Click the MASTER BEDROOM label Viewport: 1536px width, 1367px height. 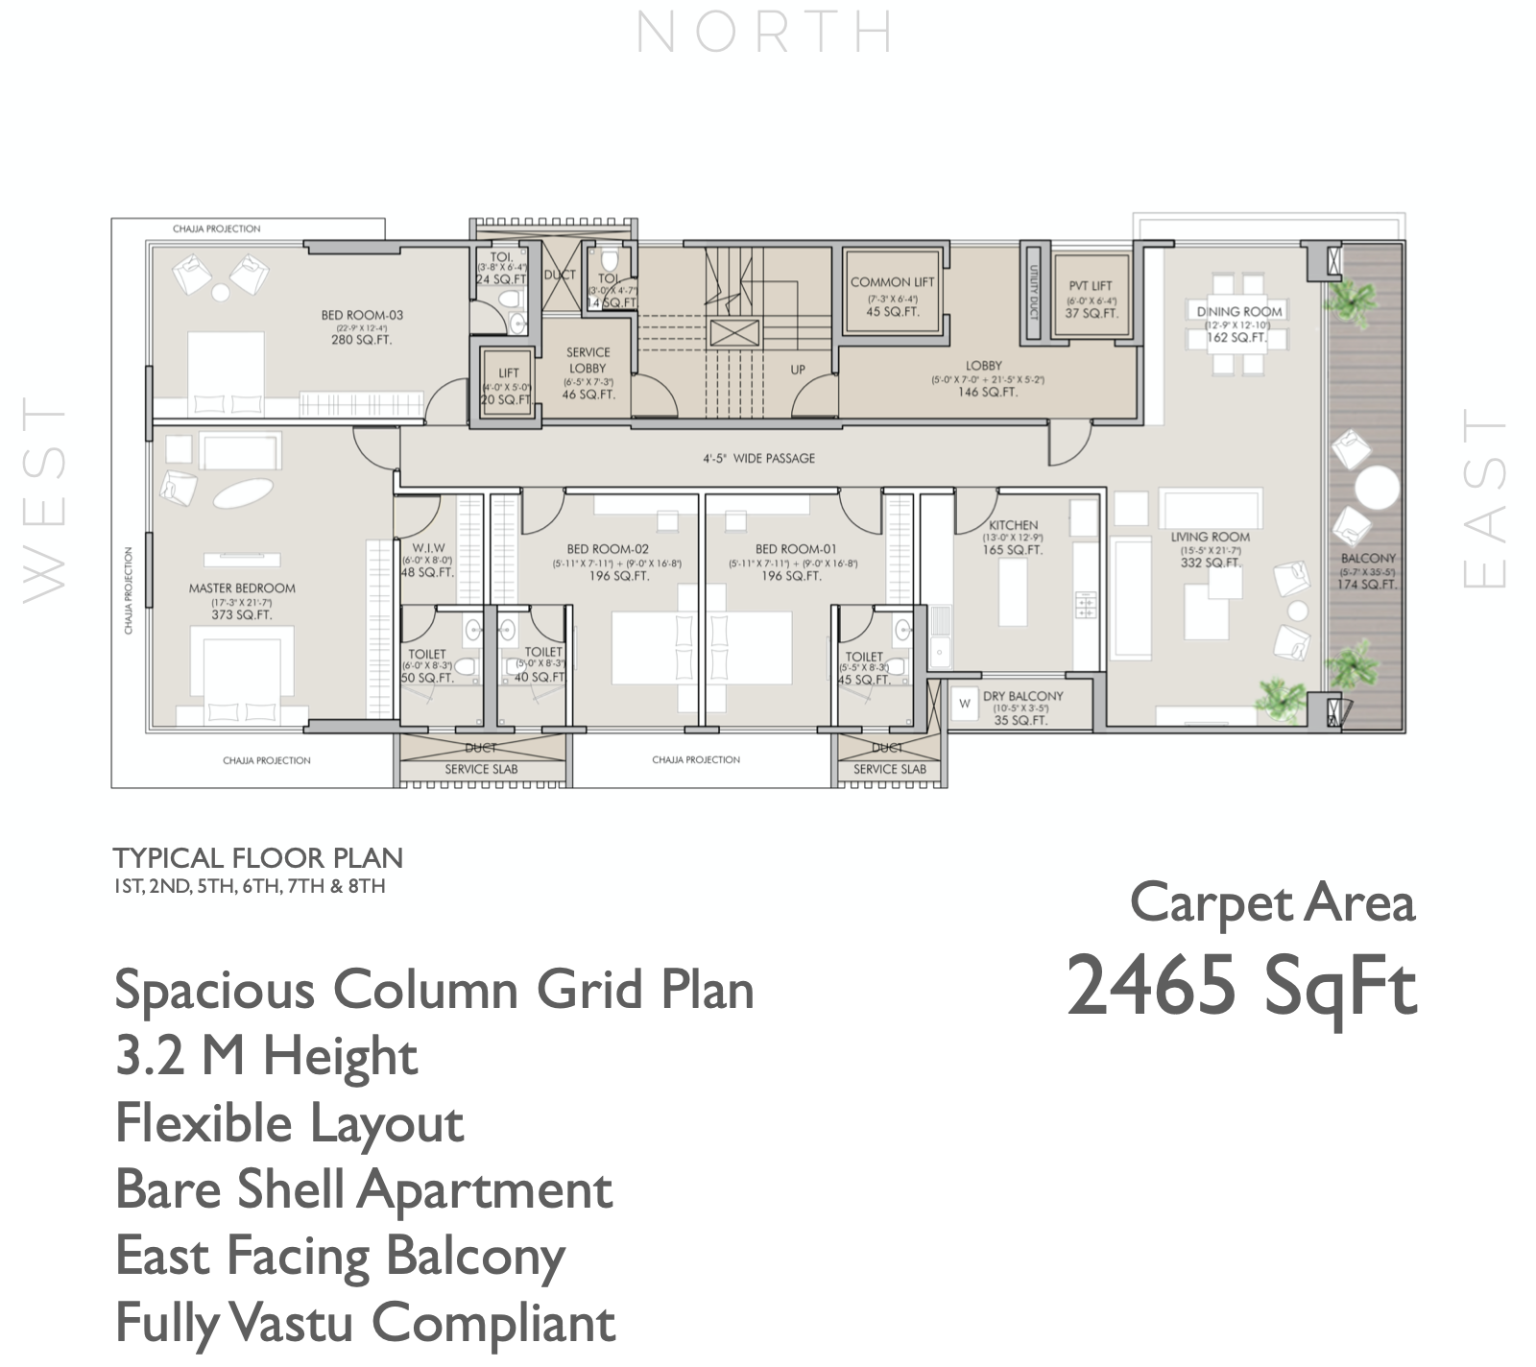(242, 588)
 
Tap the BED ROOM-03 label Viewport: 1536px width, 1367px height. (362, 315)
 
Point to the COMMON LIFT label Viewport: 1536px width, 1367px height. (892, 282)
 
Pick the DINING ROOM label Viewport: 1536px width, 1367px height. (1239, 312)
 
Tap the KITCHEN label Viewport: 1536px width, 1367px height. (1013, 525)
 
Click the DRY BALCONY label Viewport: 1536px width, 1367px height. (1022, 696)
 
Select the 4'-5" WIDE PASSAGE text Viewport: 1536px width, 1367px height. (758, 459)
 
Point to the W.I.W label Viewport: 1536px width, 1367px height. (427, 548)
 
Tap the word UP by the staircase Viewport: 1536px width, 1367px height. (798, 370)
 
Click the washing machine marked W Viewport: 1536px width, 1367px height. (965, 704)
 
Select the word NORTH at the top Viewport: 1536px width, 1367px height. (765, 33)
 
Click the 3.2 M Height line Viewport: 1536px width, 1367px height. (266, 1057)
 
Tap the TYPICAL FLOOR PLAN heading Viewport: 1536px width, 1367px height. (257, 858)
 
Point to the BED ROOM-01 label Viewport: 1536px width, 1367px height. (795, 549)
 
